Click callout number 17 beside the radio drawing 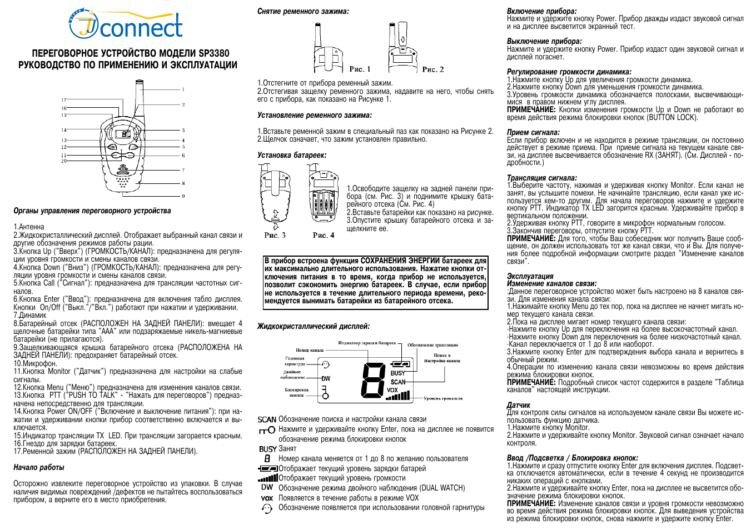click(x=64, y=100)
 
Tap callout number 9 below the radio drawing click(x=183, y=196)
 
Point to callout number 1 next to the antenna click(x=183, y=89)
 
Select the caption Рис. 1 click(x=360, y=69)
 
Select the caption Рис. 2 click(x=433, y=69)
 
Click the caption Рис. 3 click(x=275, y=236)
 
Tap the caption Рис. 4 click(x=324, y=236)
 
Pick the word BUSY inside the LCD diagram click(x=398, y=373)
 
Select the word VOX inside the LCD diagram click(x=392, y=390)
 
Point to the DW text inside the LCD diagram click(x=326, y=378)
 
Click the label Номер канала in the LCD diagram click(x=309, y=350)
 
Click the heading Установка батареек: click(x=292, y=156)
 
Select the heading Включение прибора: click(x=541, y=11)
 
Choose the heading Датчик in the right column click(x=518, y=405)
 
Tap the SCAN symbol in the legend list click(x=267, y=419)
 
